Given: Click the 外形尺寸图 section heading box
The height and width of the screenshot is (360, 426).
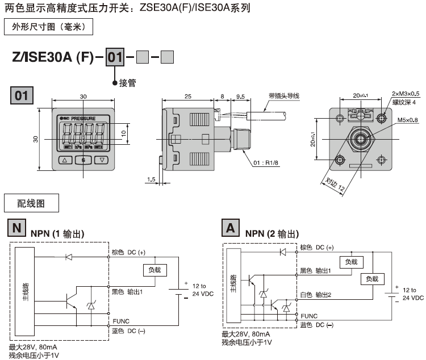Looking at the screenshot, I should point(48,27).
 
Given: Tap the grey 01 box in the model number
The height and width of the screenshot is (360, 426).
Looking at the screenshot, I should point(115,57).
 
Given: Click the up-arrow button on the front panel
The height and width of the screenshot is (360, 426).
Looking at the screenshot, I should point(65,160).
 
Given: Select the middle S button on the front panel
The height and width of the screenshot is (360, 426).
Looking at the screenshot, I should point(83,160).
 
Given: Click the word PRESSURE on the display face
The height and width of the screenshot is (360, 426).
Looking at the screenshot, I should point(87,118).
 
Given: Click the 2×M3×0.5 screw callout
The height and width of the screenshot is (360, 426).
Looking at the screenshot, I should point(406,94).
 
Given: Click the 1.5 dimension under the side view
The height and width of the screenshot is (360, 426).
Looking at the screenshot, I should point(150,179).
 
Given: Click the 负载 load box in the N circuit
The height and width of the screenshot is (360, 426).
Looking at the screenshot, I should point(154,270).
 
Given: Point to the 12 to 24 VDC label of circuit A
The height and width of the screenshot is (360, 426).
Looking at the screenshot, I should point(413,294).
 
